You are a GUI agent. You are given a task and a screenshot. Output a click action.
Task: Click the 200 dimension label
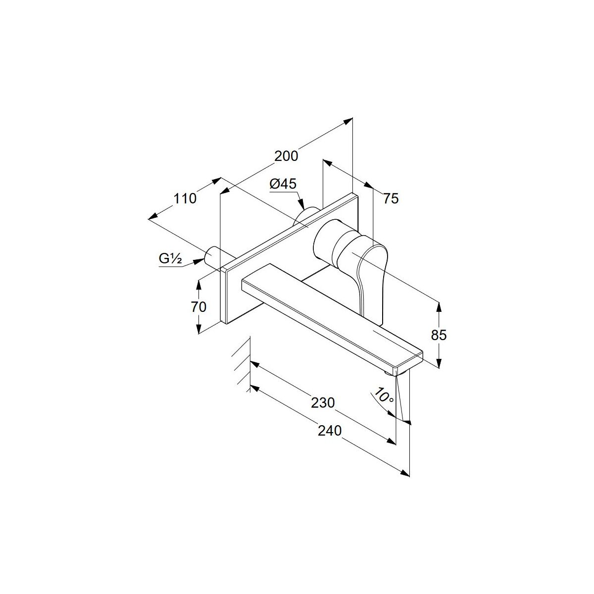click(x=286, y=156)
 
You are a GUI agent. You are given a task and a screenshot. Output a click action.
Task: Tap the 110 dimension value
click(x=185, y=198)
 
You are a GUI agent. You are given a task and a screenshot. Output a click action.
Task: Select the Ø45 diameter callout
click(x=283, y=184)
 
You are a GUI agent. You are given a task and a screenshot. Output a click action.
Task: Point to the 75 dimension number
click(x=391, y=198)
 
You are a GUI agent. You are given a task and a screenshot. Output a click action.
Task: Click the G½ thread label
click(x=170, y=258)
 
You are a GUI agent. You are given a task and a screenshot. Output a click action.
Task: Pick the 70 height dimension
click(x=198, y=307)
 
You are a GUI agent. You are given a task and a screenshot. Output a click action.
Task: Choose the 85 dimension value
click(x=439, y=335)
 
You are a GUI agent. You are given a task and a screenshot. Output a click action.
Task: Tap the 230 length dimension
click(x=323, y=402)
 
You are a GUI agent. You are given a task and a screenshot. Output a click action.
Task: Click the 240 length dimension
click(x=330, y=431)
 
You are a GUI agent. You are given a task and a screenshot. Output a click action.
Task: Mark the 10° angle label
click(x=384, y=396)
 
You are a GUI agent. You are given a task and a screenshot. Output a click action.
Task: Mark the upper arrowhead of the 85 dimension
click(x=439, y=309)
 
